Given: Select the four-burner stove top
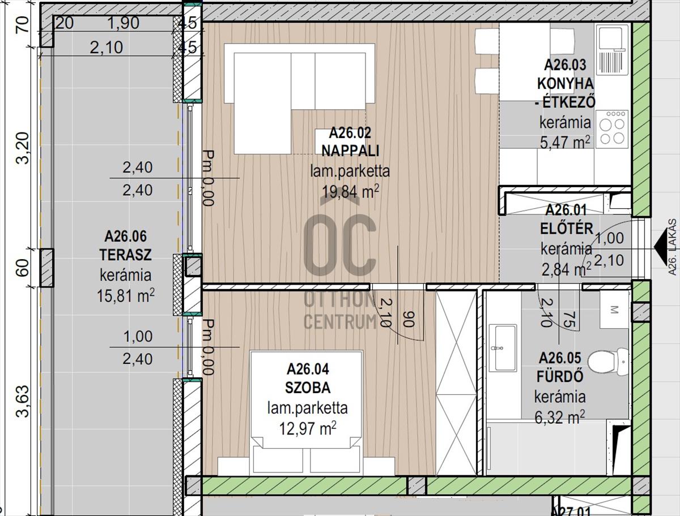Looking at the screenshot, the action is click(x=612, y=129).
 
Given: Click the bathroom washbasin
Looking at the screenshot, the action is click(x=503, y=349).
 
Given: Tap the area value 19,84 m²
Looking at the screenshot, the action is click(x=350, y=192).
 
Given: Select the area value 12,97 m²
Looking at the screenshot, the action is click(x=308, y=428).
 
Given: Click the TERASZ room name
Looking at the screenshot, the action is click(x=125, y=255).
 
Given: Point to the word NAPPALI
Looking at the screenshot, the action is click(x=350, y=151).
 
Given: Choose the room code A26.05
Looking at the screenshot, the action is click(x=560, y=358).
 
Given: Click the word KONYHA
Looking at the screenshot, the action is click(x=566, y=84).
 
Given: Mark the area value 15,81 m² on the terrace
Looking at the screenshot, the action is click(x=125, y=295).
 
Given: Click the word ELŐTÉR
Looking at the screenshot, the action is click(x=567, y=229).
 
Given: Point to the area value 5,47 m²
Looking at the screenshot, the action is click(x=565, y=142).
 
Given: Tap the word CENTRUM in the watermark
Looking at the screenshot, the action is click(x=340, y=321).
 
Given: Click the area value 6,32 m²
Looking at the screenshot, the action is click(x=560, y=416).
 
